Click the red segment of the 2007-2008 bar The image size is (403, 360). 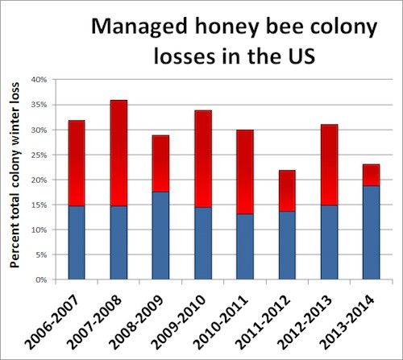[118, 153]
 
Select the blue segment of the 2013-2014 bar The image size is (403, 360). [371, 233]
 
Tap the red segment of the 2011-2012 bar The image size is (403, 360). [287, 191]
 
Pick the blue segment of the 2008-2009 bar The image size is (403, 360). [160, 236]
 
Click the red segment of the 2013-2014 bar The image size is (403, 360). [371, 175]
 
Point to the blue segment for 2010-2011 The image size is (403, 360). [245, 246]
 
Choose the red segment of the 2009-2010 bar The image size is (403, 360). [203, 159]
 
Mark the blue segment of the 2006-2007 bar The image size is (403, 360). [77, 242]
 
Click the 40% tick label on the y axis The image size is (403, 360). [39, 80]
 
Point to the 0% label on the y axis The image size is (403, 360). [41, 279]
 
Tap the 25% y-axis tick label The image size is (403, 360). [39, 155]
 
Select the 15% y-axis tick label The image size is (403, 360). [39, 205]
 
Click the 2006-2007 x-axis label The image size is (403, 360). [53, 321]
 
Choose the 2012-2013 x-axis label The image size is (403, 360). [305, 321]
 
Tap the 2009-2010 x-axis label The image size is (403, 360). [179, 321]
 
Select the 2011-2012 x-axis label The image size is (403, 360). [263, 321]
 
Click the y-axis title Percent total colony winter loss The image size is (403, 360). [15, 175]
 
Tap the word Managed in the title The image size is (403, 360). [139, 28]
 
